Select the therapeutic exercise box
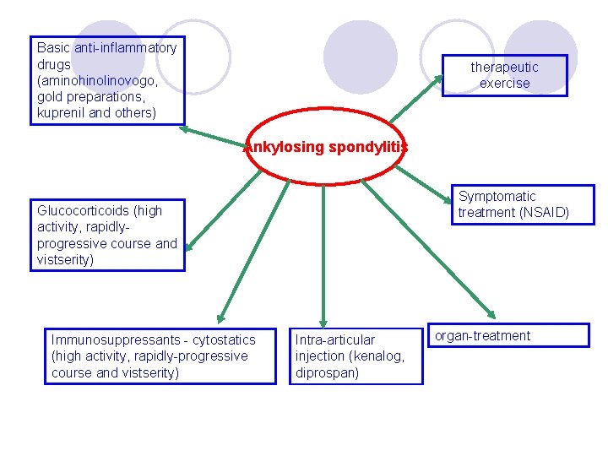(x=504, y=75)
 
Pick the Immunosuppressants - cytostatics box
(x=160, y=356)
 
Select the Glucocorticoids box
(x=107, y=235)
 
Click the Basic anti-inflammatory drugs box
(x=107, y=80)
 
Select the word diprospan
(x=327, y=372)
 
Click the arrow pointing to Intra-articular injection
(x=323, y=253)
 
